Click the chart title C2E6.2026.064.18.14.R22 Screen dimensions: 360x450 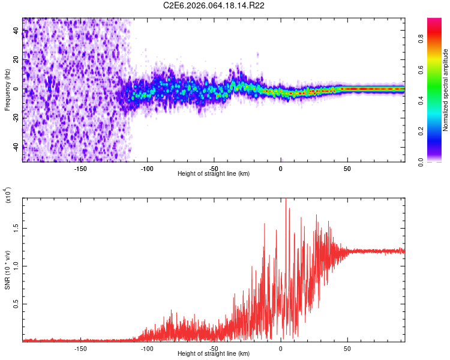tap(214, 6)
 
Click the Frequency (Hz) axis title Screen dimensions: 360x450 tap(7, 90)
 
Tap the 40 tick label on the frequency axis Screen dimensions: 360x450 tap(16, 31)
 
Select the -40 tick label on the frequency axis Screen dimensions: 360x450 tap(16, 147)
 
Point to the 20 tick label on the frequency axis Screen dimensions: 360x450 tap(16, 60)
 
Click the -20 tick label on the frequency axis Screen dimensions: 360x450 tap(16, 118)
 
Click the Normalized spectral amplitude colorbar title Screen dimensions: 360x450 tap(446, 90)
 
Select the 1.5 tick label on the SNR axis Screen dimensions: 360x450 tap(16, 228)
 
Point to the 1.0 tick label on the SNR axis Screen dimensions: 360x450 tap(16, 266)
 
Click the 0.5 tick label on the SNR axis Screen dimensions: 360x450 tap(16, 304)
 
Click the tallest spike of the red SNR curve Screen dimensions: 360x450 tap(286, 199)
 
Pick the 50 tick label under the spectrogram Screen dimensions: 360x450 tap(347, 169)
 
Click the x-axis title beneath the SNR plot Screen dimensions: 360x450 tap(214, 354)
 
